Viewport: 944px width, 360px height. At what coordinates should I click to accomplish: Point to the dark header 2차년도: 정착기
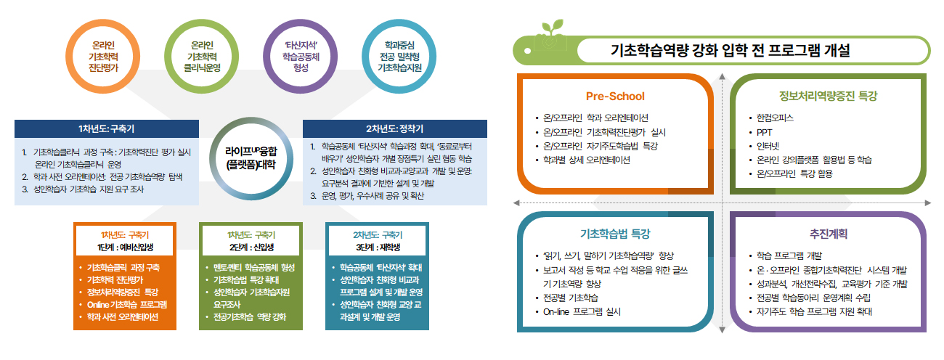tap(395, 128)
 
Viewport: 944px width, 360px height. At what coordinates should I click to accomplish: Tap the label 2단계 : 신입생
tap(251, 247)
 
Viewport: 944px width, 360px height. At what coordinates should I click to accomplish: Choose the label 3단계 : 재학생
tap(376, 247)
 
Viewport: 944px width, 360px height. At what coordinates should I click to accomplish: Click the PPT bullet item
tap(764, 132)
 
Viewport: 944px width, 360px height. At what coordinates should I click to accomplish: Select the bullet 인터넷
tap(768, 146)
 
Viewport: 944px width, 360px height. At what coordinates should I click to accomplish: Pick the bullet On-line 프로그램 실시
tap(582, 311)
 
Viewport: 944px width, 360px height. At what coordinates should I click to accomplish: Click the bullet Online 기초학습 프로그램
tap(126, 304)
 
